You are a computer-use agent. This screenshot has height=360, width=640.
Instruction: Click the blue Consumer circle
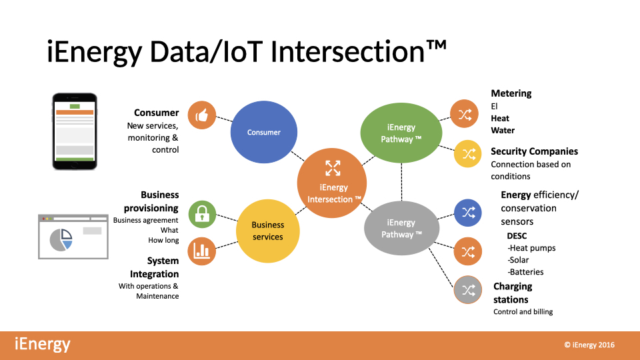tap(264, 132)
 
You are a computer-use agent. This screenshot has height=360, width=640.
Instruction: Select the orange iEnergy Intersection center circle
tap(332, 183)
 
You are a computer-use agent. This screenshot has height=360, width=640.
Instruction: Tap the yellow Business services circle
tap(268, 231)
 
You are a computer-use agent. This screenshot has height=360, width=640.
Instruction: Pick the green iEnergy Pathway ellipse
tap(401, 133)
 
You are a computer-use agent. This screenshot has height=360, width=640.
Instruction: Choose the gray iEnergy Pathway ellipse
tap(401, 228)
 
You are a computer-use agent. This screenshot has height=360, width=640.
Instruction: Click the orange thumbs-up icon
tap(201, 115)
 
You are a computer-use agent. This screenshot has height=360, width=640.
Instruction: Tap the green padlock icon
tap(202, 214)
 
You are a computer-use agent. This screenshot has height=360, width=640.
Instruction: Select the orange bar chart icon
tap(201, 251)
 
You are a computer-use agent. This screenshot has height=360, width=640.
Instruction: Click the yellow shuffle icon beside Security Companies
tap(468, 154)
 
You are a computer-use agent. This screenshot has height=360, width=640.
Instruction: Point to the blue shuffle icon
tap(468, 213)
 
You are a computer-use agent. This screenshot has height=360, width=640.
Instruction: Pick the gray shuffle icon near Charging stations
tap(468, 290)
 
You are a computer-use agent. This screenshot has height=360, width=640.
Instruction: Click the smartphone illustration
tap(75, 131)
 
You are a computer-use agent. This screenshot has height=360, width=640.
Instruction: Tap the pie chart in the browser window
tap(61, 239)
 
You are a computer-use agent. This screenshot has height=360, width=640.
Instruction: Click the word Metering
tap(511, 93)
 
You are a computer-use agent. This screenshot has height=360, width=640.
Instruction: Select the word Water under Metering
tap(503, 130)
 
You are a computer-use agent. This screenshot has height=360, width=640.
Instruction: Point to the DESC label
tap(517, 236)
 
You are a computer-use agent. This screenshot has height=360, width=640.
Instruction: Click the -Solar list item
tap(518, 260)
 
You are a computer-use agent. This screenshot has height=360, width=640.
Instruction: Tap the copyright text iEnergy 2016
tap(589, 345)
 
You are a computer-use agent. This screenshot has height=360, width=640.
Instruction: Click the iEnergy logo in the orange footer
tap(43, 344)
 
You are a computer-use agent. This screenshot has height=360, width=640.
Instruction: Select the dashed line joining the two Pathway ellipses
tap(401, 182)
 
